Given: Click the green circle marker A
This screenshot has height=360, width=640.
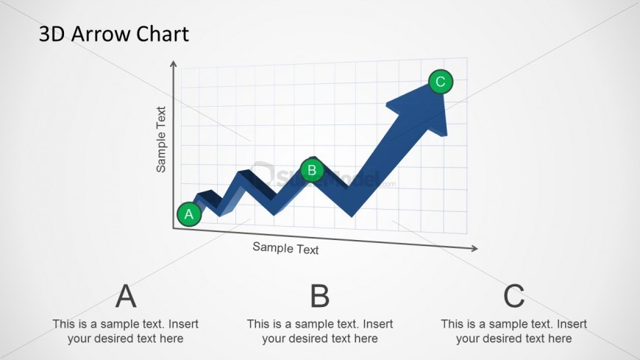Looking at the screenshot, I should [189, 214].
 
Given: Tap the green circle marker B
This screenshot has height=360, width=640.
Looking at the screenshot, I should [312, 171].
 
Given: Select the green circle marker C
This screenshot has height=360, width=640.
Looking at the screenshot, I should [441, 82].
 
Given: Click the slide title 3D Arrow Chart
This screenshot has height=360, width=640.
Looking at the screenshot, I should [113, 34].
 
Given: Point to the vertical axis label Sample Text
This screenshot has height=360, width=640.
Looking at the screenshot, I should [161, 140].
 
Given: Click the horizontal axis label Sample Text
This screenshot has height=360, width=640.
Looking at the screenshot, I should [285, 248].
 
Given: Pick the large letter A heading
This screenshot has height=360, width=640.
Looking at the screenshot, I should [126, 296].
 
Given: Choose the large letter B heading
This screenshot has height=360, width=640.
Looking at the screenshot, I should [319, 296].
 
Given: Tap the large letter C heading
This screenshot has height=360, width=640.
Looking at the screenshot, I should [513, 296].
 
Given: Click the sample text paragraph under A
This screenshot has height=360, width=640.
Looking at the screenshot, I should [126, 331].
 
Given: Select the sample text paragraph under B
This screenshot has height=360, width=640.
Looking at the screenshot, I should [319, 331].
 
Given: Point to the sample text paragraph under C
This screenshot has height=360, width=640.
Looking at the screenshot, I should [513, 331].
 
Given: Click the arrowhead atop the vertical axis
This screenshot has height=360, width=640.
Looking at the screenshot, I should [174, 64].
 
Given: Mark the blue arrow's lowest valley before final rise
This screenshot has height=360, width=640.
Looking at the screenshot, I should [351, 213].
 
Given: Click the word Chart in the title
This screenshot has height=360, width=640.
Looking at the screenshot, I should [163, 34].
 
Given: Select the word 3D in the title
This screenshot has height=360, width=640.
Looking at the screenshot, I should [51, 34].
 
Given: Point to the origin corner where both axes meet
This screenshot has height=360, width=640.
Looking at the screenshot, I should [174, 228].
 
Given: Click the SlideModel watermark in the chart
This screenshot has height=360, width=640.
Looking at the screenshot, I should [324, 177].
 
